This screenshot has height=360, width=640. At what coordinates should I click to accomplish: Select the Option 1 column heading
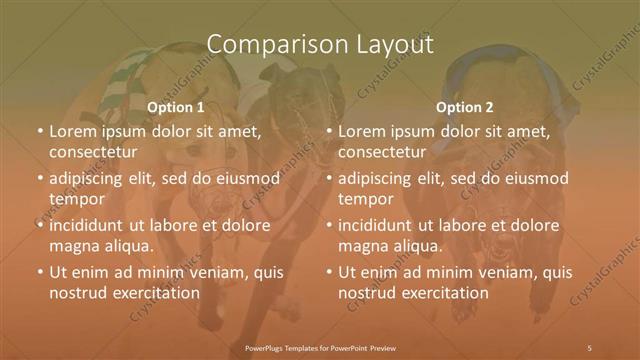click(x=176, y=106)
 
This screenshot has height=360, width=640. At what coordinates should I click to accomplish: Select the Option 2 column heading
click(x=465, y=106)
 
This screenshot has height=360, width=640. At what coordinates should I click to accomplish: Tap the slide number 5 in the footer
click(x=589, y=347)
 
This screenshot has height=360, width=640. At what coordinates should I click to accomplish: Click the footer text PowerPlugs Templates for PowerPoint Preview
click(x=319, y=347)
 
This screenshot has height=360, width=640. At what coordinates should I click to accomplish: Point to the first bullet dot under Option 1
click(x=39, y=132)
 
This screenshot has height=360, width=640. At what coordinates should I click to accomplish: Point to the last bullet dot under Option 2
click(x=329, y=272)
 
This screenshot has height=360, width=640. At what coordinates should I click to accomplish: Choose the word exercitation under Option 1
click(x=154, y=293)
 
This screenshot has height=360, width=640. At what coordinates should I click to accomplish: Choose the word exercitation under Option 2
click(x=444, y=293)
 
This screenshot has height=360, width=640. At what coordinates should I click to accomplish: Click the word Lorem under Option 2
click(x=361, y=131)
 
